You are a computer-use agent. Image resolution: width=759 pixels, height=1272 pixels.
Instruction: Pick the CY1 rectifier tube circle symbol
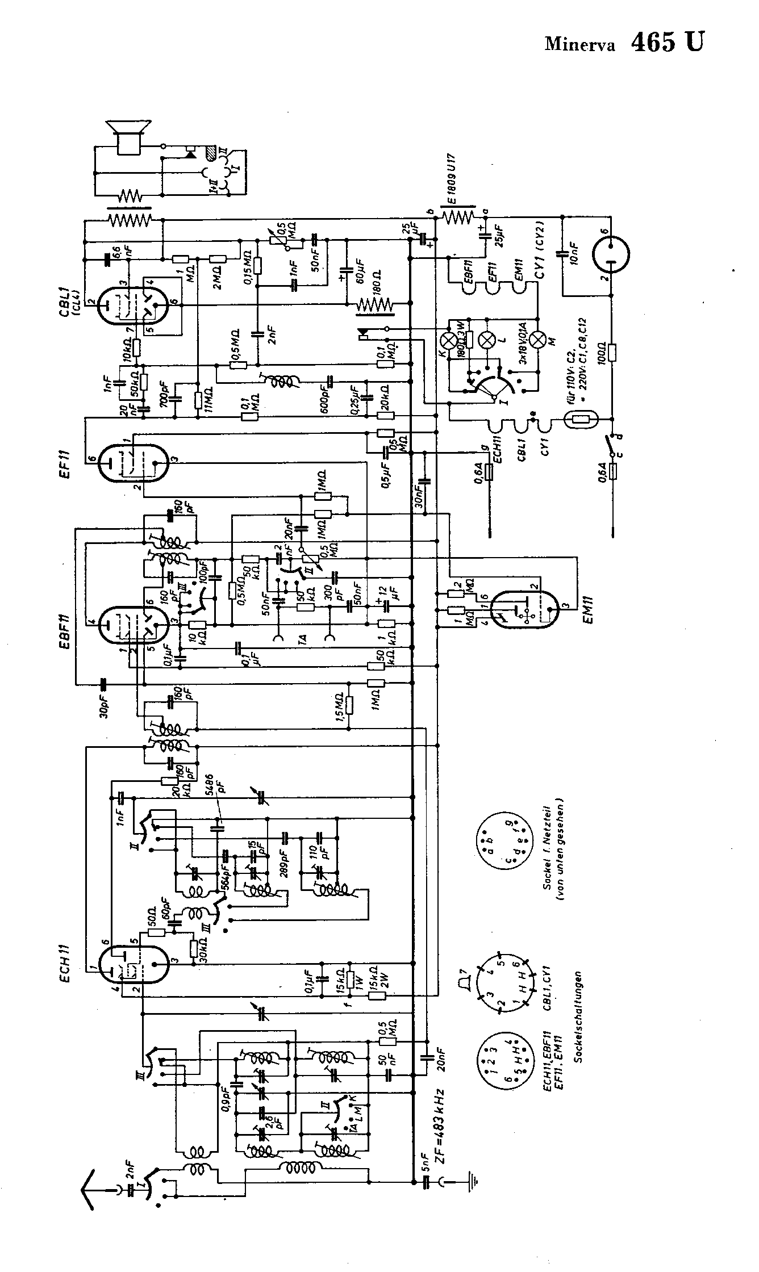611,256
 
